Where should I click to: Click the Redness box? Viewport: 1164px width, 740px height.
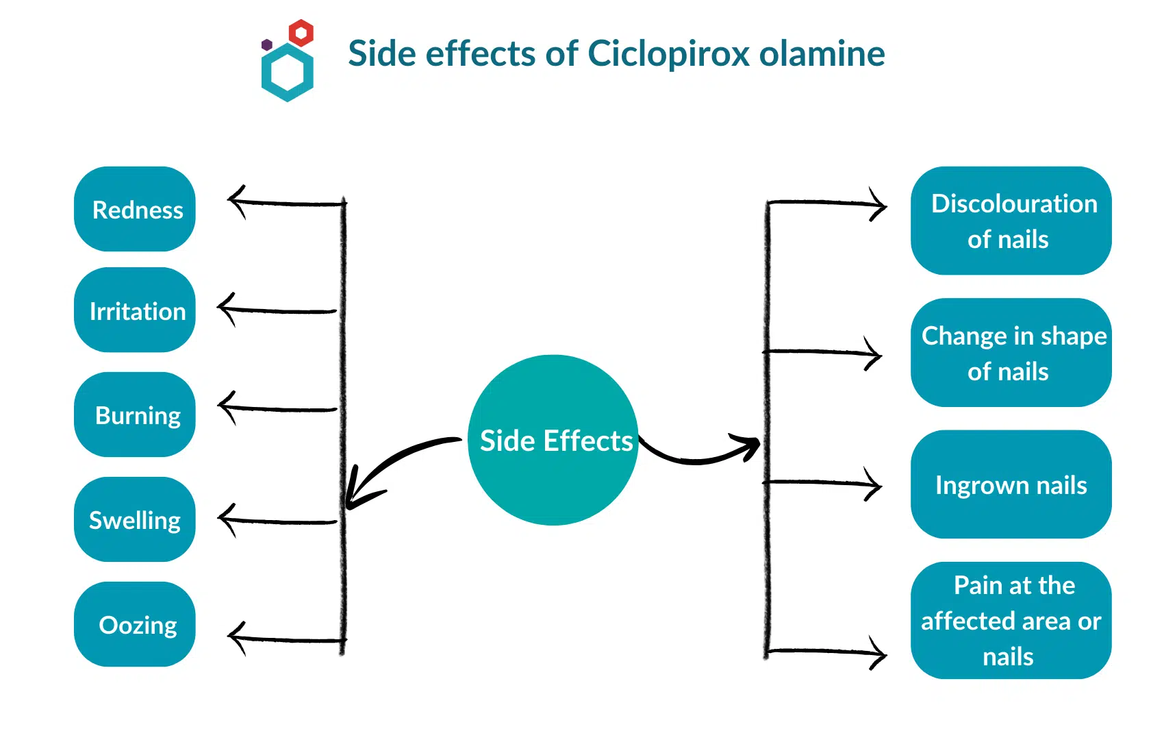[x=135, y=209]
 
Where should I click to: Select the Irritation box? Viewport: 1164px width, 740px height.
[x=135, y=310]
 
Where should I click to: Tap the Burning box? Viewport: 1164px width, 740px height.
[x=135, y=415]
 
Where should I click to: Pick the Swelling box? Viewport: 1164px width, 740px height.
[x=135, y=519]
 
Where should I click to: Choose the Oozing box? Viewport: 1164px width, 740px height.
[x=135, y=624]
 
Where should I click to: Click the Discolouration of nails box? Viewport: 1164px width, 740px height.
[x=1011, y=221]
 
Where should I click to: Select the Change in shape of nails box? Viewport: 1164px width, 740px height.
[x=1011, y=353]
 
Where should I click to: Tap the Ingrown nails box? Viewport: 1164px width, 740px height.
[x=1011, y=484]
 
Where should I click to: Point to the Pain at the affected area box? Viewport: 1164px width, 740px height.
[x=1011, y=620]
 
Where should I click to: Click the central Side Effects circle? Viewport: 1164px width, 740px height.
[x=553, y=440]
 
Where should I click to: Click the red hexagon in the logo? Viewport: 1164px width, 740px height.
[x=301, y=32]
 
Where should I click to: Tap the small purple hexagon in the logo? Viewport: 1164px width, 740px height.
[x=267, y=45]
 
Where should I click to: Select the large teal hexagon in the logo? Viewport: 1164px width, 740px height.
[x=288, y=73]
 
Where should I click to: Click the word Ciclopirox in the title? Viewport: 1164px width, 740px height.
[x=668, y=53]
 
